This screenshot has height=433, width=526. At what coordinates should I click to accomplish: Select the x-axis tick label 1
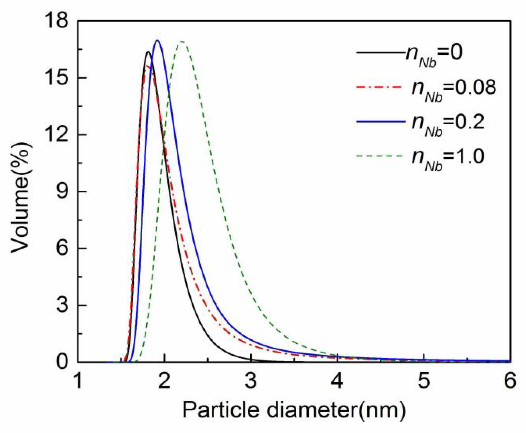click(78, 381)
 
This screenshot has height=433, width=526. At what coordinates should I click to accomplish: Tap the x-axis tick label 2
click(164, 381)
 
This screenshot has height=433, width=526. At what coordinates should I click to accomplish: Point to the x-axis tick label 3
click(251, 381)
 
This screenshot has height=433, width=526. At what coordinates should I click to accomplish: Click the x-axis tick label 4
click(338, 381)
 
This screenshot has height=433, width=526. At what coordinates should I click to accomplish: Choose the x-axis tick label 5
click(424, 381)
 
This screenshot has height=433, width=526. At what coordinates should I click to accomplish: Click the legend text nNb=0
click(434, 54)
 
